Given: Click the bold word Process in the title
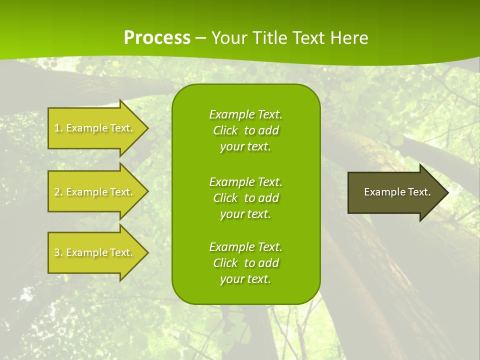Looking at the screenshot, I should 157,37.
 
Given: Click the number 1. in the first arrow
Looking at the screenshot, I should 58,128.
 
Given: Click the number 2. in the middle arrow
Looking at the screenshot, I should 58,192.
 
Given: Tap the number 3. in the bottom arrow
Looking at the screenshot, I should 58,252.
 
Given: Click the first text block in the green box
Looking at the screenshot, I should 245,130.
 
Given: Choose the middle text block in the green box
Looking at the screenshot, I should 245,198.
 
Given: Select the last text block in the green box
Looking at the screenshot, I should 245,263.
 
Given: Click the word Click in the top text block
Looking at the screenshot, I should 225,130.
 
